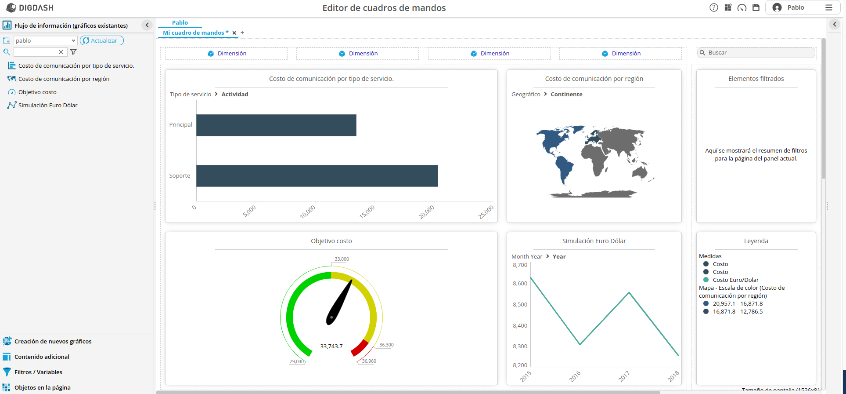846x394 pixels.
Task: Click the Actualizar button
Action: pos(102,40)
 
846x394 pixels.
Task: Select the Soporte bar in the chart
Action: pos(317,176)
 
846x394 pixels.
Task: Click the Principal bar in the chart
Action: pos(276,125)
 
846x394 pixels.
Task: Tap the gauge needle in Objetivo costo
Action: pos(339,303)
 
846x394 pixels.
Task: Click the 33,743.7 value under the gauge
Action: pos(331,347)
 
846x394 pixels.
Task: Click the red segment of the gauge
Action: pos(360,348)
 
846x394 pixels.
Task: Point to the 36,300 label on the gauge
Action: pos(386,345)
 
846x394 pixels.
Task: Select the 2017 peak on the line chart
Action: pos(629,293)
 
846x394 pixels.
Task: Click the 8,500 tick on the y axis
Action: pos(520,304)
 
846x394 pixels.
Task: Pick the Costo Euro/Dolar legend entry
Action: pos(735,280)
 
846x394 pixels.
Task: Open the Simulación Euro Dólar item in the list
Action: pos(48,106)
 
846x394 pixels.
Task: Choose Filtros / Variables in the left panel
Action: pos(38,372)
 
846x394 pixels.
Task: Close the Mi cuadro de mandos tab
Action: pos(234,33)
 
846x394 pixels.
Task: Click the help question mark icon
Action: pos(714,7)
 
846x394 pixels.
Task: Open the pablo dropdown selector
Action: pos(46,40)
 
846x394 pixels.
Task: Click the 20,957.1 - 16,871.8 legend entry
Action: pos(738,304)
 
